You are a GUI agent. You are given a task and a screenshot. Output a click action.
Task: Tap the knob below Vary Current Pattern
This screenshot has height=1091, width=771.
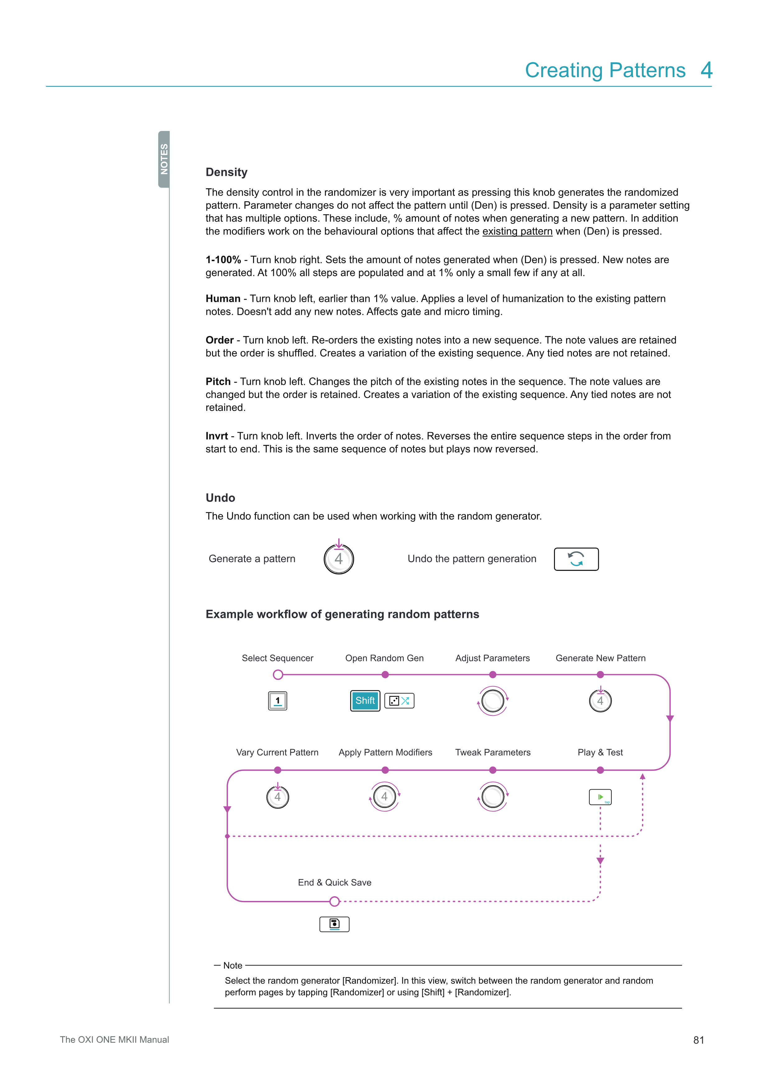point(278,797)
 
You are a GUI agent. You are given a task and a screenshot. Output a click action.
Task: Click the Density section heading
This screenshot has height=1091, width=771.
point(226,172)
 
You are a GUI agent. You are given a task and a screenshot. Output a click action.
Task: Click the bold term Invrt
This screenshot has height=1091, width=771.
point(216,436)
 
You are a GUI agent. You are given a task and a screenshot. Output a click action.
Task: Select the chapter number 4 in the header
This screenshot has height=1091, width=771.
point(706,70)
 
